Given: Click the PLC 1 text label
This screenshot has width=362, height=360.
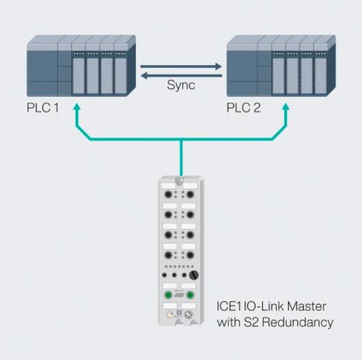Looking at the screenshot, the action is click(x=43, y=108).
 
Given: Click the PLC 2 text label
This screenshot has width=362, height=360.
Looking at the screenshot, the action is click(x=243, y=108).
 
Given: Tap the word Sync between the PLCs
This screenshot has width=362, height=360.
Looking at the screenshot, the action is click(x=181, y=86).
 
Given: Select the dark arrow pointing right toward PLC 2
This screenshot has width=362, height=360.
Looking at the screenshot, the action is click(x=181, y=67).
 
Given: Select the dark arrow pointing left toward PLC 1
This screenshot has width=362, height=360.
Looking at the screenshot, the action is click(x=181, y=75).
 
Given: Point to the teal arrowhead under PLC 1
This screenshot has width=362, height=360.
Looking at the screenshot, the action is click(x=77, y=106).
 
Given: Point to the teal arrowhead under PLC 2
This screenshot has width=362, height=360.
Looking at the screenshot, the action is click(x=286, y=106).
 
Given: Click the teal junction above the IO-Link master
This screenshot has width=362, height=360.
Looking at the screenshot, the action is click(x=181, y=139).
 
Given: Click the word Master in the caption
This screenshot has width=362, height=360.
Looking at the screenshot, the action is click(x=306, y=307).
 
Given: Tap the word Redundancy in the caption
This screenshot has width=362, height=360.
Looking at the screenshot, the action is click(x=298, y=322).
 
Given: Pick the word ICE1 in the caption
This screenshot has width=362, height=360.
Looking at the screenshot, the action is click(x=229, y=307).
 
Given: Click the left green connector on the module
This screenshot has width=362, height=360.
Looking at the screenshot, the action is click(x=168, y=295).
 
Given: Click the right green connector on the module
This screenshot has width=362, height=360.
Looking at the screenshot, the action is click(x=190, y=295).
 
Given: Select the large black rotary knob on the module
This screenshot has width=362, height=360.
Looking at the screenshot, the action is click(x=194, y=275).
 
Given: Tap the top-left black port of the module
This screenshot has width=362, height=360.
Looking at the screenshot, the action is click(x=168, y=195).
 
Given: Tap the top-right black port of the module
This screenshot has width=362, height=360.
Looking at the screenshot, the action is click(x=190, y=195).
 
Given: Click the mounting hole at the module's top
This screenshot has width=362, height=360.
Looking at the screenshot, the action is click(x=180, y=180).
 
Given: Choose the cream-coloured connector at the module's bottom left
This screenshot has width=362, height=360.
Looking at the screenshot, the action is click(x=170, y=315).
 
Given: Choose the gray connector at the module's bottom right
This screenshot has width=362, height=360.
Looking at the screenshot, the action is click(x=189, y=315).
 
